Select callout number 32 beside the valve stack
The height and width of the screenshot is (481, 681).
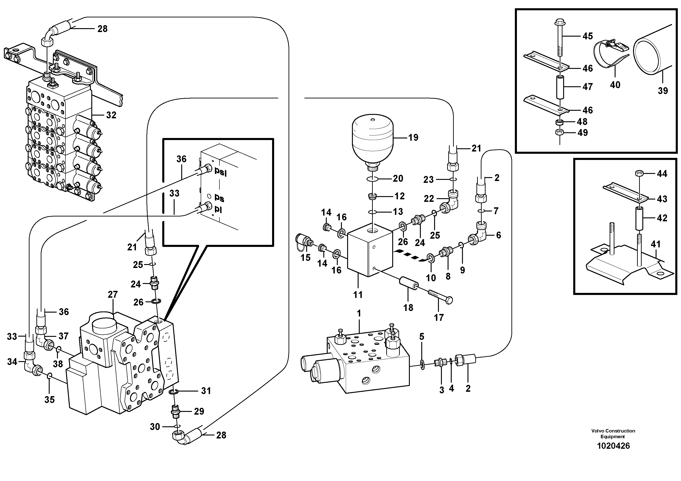111,115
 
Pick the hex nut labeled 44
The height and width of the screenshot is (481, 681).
639,173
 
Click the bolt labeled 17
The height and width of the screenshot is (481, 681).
440,297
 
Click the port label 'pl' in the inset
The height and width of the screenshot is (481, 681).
218,209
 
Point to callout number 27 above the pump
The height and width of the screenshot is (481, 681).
113,295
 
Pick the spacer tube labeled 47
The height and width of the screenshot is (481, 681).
559,87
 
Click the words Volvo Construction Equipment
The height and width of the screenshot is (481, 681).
613,434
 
